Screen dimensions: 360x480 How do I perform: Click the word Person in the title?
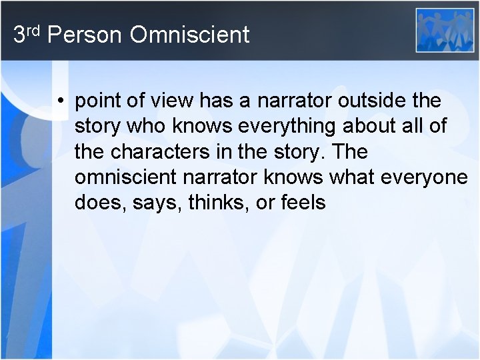[85, 35]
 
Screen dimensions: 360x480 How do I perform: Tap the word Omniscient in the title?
[190, 35]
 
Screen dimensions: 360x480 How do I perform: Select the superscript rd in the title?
[34, 30]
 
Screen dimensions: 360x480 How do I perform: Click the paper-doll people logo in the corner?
[445, 30]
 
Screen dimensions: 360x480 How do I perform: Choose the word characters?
[153, 152]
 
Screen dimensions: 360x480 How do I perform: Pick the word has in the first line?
[228, 101]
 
